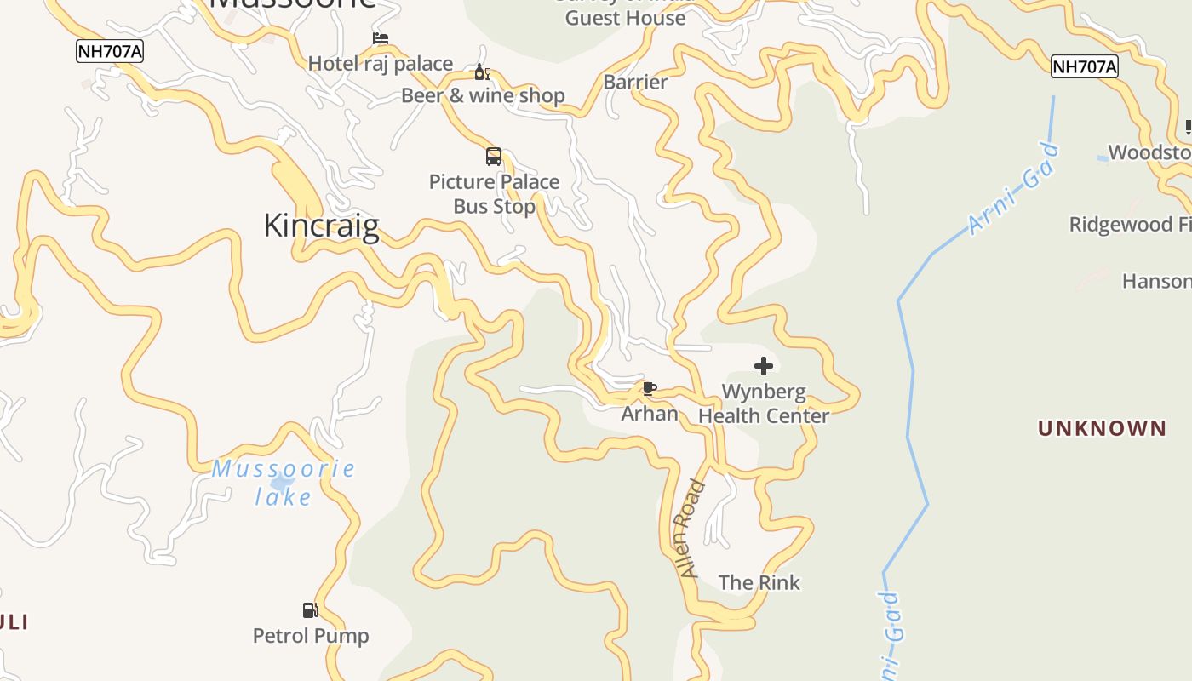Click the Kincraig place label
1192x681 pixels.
(321, 226)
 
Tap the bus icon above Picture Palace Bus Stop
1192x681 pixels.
(494, 157)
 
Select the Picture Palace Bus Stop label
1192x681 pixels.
(494, 194)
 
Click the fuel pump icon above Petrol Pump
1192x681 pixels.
(311, 610)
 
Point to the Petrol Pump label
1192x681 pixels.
(311, 636)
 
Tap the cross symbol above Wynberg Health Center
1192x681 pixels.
(764, 366)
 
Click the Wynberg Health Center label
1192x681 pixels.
(764, 404)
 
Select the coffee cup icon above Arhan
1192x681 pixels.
(650, 389)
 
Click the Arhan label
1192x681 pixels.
(650, 415)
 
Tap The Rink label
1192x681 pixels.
(759, 583)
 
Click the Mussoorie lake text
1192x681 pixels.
(284, 482)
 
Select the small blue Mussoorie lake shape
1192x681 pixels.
(282, 484)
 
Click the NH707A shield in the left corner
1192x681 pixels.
(110, 51)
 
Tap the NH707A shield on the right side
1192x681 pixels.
(1084, 66)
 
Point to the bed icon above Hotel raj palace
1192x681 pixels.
(381, 38)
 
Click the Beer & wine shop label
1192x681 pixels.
(483, 95)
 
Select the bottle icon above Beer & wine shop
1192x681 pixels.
(482, 72)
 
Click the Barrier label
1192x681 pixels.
(635, 83)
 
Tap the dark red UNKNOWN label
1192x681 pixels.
(1102, 428)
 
